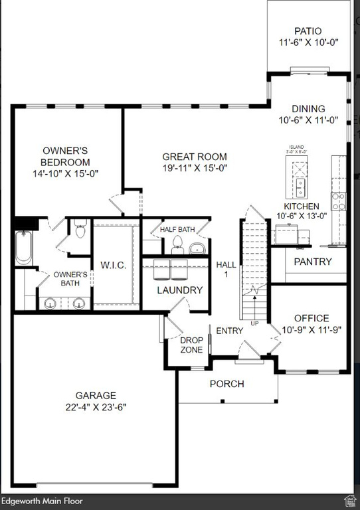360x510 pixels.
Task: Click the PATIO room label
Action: tap(308, 31)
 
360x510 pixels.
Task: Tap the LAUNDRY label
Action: tap(179, 290)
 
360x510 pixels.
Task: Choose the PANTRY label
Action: tap(312, 262)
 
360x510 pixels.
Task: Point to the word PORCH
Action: tap(226, 384)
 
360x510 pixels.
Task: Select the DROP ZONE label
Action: tap(192, 345)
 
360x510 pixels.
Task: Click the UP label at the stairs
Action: tap(255, 323)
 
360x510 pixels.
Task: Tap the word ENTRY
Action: tap(230, 330)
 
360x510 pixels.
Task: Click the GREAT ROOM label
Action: tap(195, 157)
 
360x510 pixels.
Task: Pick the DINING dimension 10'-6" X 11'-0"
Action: tap(309, 120)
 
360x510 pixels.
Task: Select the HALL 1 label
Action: tap(226, 269)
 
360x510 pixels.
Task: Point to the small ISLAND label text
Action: tap(296, 147)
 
